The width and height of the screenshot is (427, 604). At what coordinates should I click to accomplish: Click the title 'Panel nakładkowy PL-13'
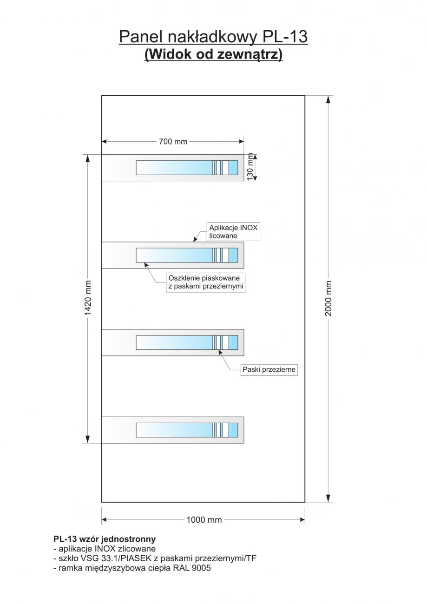pyautogui.click(x=213, y=36)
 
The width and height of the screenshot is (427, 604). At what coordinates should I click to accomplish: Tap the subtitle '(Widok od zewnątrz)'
pyautogui.click(x=213, y=54)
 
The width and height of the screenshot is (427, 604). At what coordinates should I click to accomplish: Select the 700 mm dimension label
pyautogui.click(x=173, y=141)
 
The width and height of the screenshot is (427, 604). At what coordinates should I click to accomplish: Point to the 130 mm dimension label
pyautogui.click(x=251, y=167)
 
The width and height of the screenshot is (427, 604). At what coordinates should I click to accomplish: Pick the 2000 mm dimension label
pyautogui.click(x=328, y=298)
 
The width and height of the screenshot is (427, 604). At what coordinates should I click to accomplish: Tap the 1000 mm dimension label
pyautogui.click(x=204, y=520)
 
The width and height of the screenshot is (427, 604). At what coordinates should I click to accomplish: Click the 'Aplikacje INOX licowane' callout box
pyautogui.click(x=233, y=231)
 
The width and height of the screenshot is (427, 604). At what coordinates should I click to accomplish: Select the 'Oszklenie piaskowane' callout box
pyautogui.click(x=206, y=282)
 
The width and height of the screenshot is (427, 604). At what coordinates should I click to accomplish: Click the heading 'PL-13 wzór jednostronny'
pyautogui.click(x=105, y=539)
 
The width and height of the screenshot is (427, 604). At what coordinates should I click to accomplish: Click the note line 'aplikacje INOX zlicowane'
pyautogui.click(x=107, y=549)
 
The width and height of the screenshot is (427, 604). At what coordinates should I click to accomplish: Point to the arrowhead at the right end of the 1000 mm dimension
pyautogui.click(x=302, y=520)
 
